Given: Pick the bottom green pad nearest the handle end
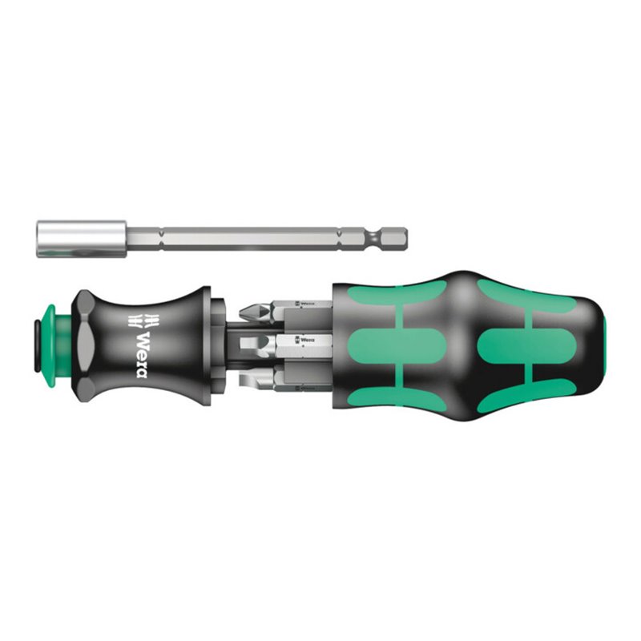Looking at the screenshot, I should point(513,390).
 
